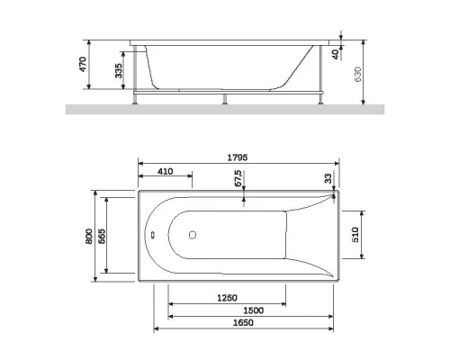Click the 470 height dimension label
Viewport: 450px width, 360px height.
[x=82, y=65]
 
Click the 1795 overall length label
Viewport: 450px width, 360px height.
[x=237, y=156]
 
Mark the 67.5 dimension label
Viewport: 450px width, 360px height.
[x=238, y=175]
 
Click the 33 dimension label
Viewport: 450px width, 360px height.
[x=328, y=177]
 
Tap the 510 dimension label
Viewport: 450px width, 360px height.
[x=355, y=236]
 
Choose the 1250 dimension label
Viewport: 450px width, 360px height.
[x=226, y=298]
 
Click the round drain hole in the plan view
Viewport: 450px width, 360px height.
[x=191, y=238]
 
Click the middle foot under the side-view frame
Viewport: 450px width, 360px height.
[x=222, y=99]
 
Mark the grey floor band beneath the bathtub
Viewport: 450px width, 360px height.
[x=225, y=110]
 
